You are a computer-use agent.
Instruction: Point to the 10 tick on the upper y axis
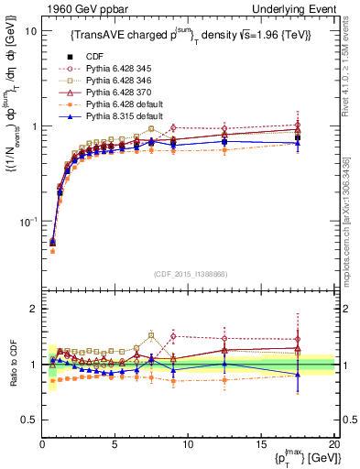(30, 30)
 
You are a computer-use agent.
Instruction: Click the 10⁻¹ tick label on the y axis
(28, 222)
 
